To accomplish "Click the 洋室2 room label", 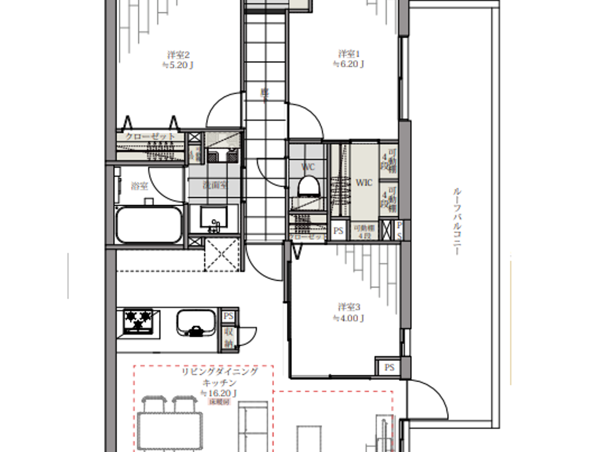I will [x=178, y=55].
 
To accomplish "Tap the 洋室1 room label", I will [x=349, y=54].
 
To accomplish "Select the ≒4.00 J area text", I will [x=349, y=319].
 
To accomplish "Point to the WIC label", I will [x=364, y=183].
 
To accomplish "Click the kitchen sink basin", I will [x=196, y=323].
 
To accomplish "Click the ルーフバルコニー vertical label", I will [x=457, y=221].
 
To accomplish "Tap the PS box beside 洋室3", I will [x=389, y=367].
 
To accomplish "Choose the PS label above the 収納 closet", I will [x=228, y=316].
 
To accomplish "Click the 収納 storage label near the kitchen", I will [x=228, y=338].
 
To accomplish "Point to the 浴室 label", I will [x=139, y=186].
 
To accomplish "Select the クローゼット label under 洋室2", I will [x=150, y=136].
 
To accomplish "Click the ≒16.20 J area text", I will [x=219, y=393].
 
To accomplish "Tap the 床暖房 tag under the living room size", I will [x=219, y=402].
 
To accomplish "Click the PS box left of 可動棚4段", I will [x=339, y=231].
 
